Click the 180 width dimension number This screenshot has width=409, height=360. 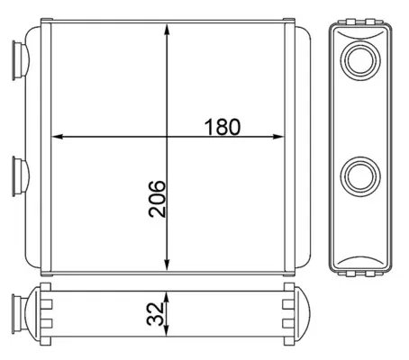pos(223,127)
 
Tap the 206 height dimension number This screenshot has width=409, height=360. pos(157,199)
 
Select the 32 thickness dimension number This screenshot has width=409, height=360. pos(155,314)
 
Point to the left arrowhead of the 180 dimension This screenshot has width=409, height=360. pos(57,137)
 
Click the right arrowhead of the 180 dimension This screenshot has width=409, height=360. pos(278,137)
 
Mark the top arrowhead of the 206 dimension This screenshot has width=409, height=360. pos(168,30)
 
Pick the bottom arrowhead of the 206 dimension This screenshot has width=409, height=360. pos(168,265)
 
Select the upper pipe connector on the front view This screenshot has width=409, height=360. pos(21,60)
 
